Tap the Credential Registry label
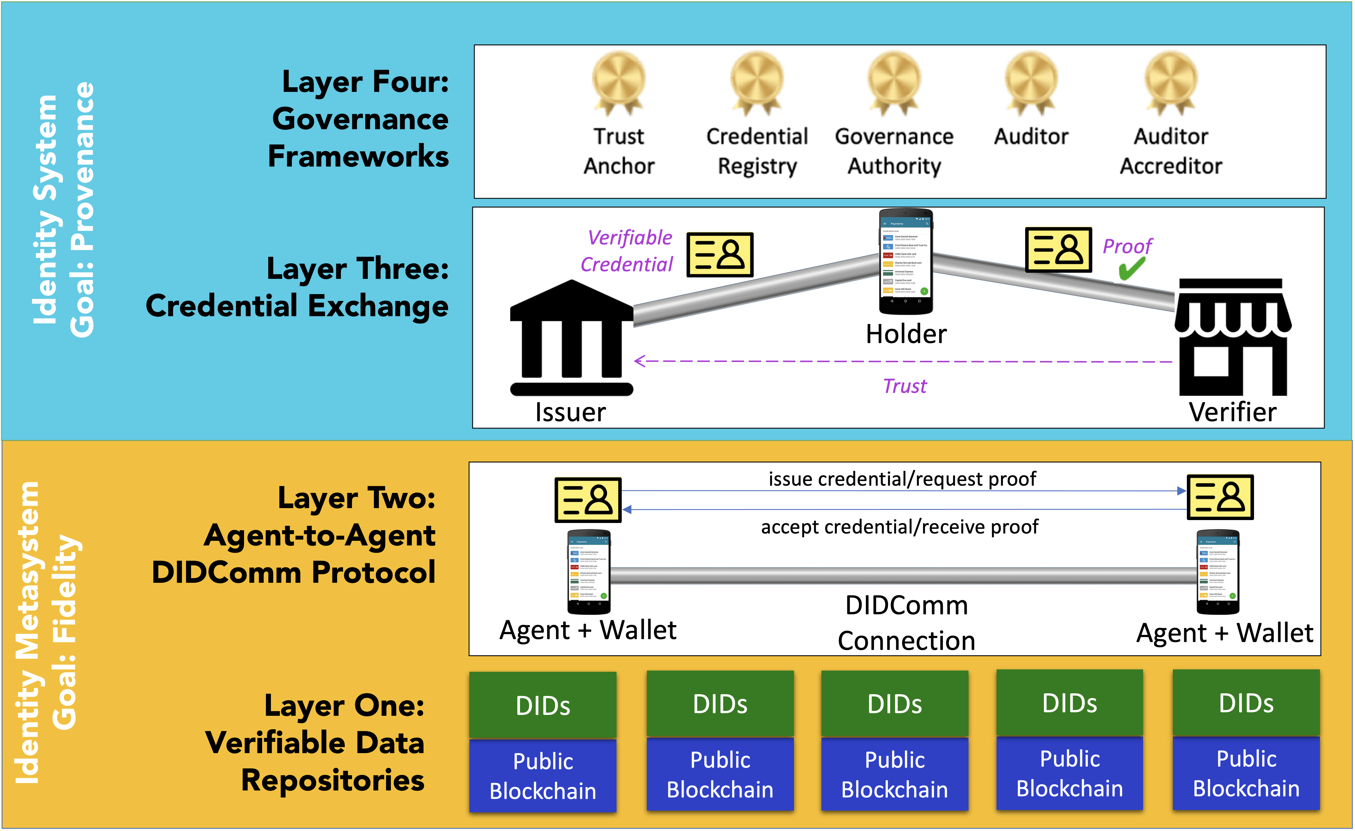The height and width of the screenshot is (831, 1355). pos(757,151)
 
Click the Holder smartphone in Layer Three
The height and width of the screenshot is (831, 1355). pos(905,261)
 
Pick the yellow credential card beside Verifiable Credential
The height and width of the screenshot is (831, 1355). pos(720,254)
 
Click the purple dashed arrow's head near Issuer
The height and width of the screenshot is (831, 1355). pos(639,361)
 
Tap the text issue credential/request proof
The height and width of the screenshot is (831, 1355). pos(902,479)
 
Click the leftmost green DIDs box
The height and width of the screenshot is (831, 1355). pos(543,705)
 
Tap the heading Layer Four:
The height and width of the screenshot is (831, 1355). pos(365,82)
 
